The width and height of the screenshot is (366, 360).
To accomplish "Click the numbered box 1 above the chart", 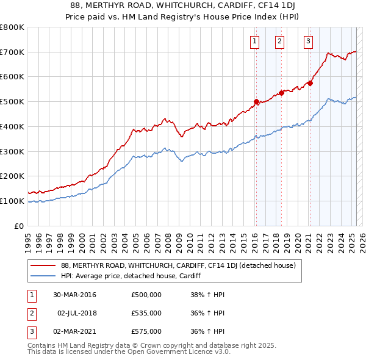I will click(254, 41).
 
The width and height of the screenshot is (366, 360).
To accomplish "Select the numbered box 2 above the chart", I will click(279, 41).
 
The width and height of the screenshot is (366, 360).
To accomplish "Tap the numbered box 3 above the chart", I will click(308, 41).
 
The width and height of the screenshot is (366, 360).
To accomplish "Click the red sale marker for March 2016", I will click(256, 101).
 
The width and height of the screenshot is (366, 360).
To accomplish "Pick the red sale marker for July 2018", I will click(282, 93).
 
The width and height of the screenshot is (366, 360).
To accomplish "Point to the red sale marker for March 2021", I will click(310, 83).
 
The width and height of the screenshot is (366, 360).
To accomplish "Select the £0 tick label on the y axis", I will click(20, 226).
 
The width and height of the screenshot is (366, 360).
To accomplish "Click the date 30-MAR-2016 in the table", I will click(74, 295).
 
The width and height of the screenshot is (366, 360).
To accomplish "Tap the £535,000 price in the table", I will click(146, 313).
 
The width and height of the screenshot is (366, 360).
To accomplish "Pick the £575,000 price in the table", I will click(146, 331).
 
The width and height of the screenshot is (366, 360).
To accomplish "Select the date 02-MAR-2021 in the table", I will click(74, 331).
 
